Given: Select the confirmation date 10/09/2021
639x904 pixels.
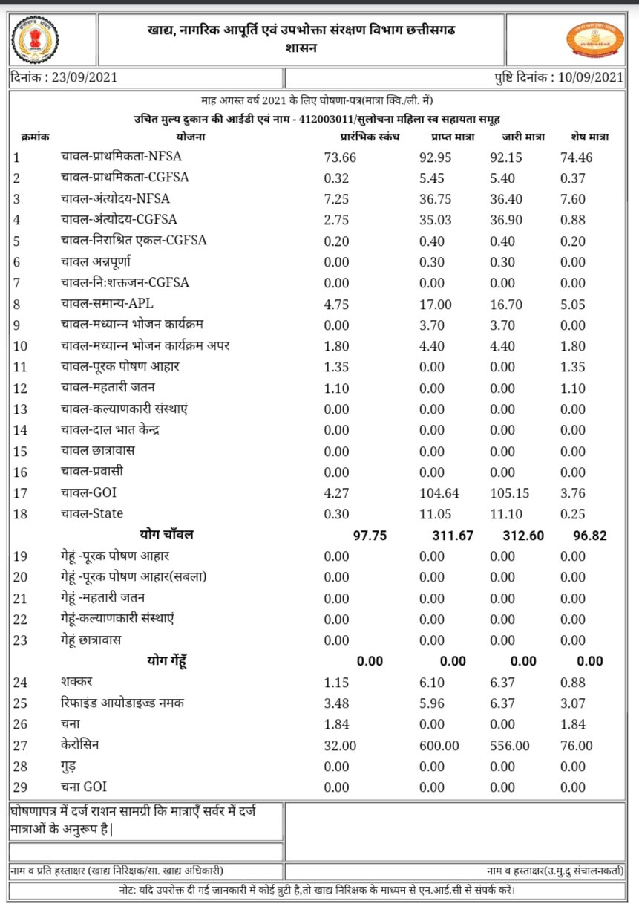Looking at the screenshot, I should [586, 77].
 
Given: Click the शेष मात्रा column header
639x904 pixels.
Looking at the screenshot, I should [590, 137].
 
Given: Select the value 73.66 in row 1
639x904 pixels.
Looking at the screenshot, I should [341, 157].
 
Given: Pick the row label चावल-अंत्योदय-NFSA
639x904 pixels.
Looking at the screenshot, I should [115, 199].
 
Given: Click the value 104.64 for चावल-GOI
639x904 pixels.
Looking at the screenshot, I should [435, 492].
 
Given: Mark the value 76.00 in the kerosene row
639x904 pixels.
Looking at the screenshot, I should [577, 746].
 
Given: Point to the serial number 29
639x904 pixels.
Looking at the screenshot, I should [20, 787].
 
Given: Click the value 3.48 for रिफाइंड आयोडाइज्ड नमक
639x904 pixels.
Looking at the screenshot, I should [337, 703].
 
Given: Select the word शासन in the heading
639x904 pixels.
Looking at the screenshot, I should [301, 48].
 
